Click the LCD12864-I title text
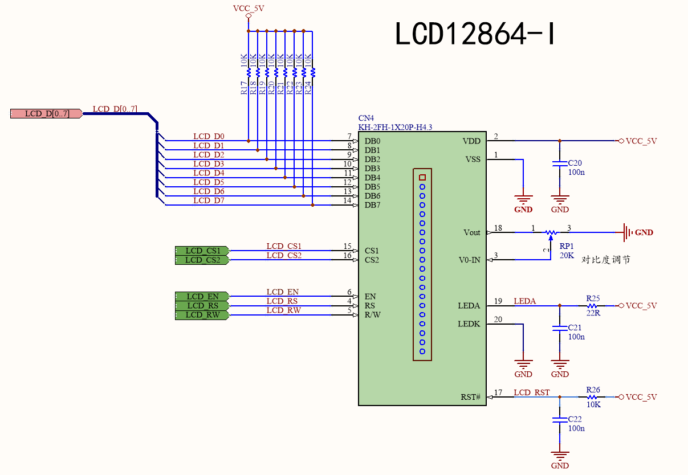tap(475, 34)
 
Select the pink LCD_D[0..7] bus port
tap(46, 113)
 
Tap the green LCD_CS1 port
tap(202, 251)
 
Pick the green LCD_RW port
tap(202, 315)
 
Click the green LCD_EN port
tap(202, 296)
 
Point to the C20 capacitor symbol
tap(560, 164)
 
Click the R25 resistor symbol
tap(592, 306)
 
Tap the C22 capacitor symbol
tap(560, 420)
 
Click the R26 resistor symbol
tap(592, 397)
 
